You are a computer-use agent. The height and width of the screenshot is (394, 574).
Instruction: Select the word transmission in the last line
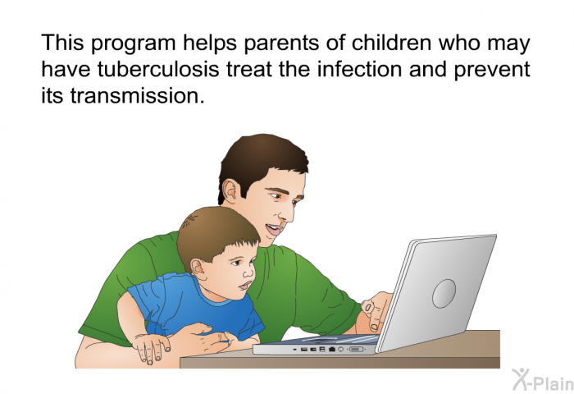coord(137,95)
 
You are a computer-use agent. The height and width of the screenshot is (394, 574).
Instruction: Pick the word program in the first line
coord(133,44)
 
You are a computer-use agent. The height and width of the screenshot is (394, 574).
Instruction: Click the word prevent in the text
coord(492,71)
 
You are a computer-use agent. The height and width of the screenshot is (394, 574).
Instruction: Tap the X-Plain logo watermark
coord(543,380)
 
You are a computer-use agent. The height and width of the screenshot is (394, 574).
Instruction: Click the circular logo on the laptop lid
coord(444,293)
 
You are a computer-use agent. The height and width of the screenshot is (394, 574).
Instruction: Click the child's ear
coord(198,269)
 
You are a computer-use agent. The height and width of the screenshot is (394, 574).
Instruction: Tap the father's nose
coord(287,213)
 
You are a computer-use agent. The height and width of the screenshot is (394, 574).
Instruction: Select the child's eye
coord(235,263)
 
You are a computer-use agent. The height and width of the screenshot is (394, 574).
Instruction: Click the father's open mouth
coord(274,230)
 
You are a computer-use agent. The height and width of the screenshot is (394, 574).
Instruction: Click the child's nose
coord(249,273)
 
